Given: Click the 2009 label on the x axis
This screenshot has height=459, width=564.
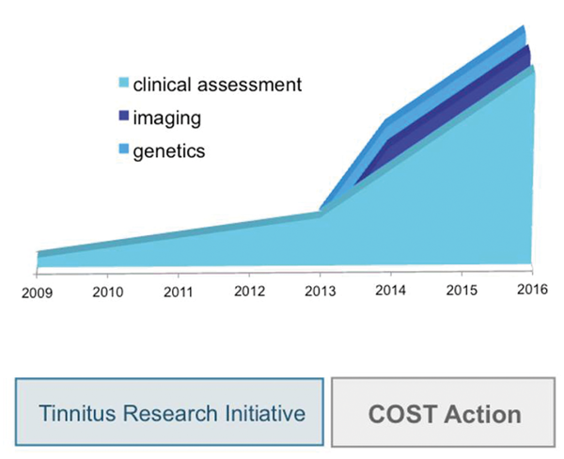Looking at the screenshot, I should pos(39,293).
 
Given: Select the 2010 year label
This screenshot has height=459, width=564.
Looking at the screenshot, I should pos(109,292).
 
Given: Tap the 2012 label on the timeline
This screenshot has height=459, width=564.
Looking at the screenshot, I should pos(249,291).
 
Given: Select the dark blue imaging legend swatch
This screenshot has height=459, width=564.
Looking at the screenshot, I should pos(122,118).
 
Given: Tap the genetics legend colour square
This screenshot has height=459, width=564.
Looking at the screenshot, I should pos(122,150).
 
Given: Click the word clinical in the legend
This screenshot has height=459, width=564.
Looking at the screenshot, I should pos(162,85).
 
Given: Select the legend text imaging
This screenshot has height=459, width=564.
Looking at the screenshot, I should pos(166,119).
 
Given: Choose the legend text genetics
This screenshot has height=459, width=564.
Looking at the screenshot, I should pos(169,150).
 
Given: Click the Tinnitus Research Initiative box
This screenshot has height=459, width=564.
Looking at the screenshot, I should pos(169,413).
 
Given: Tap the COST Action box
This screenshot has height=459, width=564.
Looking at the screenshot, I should pos(444,413).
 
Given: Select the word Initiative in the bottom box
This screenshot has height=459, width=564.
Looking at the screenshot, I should pos(264,413).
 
